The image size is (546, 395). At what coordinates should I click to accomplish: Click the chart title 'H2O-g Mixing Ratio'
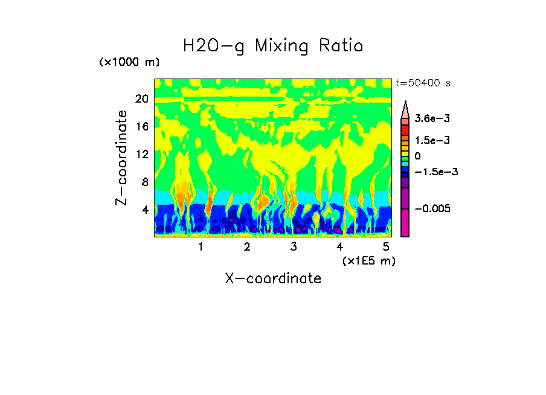point(273,46)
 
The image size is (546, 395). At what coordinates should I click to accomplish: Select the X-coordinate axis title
point(273,278)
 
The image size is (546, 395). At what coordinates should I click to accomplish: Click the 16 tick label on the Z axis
point(141,126)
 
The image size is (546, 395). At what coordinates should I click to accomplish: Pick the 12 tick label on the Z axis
point(141,154)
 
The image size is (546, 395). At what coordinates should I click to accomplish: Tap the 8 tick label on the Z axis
point(144,182)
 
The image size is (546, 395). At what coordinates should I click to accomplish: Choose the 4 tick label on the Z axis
point(144,210)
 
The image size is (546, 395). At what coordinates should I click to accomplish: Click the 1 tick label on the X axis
point(201,246)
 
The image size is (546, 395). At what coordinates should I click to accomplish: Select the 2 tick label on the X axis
point(247,246)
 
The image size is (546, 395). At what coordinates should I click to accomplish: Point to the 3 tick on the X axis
point(294,246)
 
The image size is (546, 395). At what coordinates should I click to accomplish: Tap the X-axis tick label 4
point(339,246)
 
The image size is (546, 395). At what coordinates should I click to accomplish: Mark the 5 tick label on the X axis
point(386,246)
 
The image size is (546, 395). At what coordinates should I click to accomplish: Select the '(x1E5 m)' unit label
point(368,260)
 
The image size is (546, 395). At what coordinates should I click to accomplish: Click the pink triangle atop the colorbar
point(405,109)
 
